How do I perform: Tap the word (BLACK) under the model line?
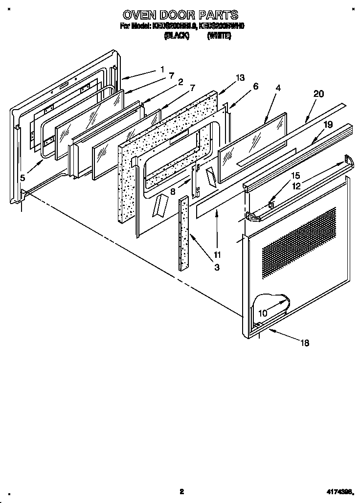[x=177, y=36]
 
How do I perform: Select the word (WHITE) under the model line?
[x=219, y=36]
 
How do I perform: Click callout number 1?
[x=162, y=69]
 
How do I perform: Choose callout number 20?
[x=318, y=94]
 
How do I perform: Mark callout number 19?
[x=328, y=125]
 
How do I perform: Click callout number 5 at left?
[x=22, y=178]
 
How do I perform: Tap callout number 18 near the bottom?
[x=305, y=343]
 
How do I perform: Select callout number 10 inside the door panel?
[x=263, y=313]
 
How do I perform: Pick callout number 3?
[x=217, y=267]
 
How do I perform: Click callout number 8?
[x=173, y=192]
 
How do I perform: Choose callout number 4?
[x=278, y=88]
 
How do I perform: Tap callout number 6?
[x=255, y=86]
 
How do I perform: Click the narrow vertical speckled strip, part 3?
[x=184, y=233]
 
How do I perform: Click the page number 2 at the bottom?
[x=180, y=491]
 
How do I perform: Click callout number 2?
[x=180, y=82]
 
